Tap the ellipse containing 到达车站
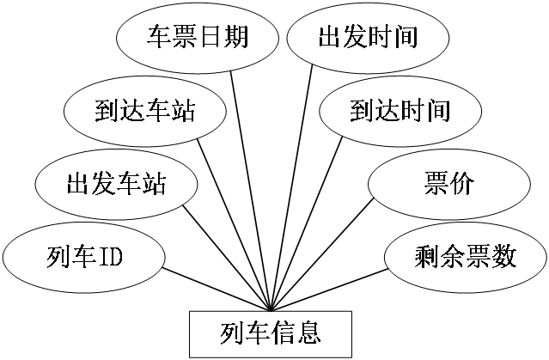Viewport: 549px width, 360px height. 145,111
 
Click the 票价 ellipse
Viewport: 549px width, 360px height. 448,183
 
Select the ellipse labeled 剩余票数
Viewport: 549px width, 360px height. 465,256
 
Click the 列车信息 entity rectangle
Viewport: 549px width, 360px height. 271,331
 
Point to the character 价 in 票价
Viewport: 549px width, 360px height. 461,183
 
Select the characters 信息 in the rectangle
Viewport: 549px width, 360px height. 296,331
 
